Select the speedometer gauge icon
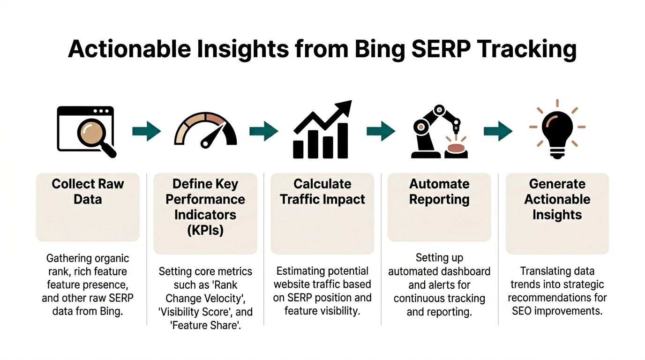pyautogui.click(x=205, y=130)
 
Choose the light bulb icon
pyautogui.click(x=557, y=130)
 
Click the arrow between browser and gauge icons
pyautogui.click(x=146, y=131)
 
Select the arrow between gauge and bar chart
pyautogui.click(x=263, y=131)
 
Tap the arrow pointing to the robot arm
pyautogui.click(x=381, y=131)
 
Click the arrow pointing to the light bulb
pyautogui.click(x=498, y=131)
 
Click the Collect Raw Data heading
pyautogui.click(x=88, y=191)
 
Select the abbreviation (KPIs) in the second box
pyautogui.click(x=205, y=230)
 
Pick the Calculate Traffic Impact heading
pyautogui.click(x=322, y=191)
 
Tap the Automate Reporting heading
pyautogui.click(x=439, y=191)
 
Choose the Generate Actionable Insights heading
pyautogui.click(x=557, y=199)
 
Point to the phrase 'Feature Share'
pyautogui.click(x=205, y=325)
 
